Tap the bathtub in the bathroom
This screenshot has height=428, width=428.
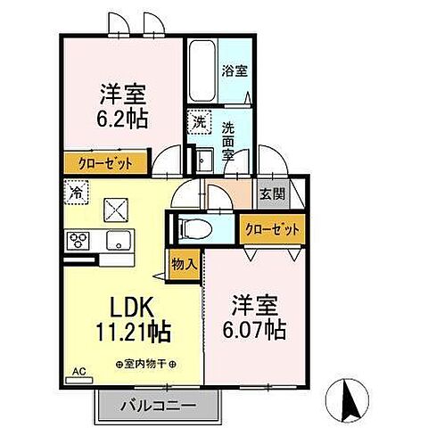coord(201,72)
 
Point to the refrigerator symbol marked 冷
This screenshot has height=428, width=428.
coord(78,191)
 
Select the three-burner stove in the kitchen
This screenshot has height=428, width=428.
coord(78,241)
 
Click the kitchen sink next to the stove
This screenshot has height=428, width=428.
coord(116,240)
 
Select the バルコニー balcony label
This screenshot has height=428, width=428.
coord(158,407)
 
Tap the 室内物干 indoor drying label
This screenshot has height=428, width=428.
coord(146,365)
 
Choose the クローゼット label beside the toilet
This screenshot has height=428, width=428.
coord(273,229)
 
